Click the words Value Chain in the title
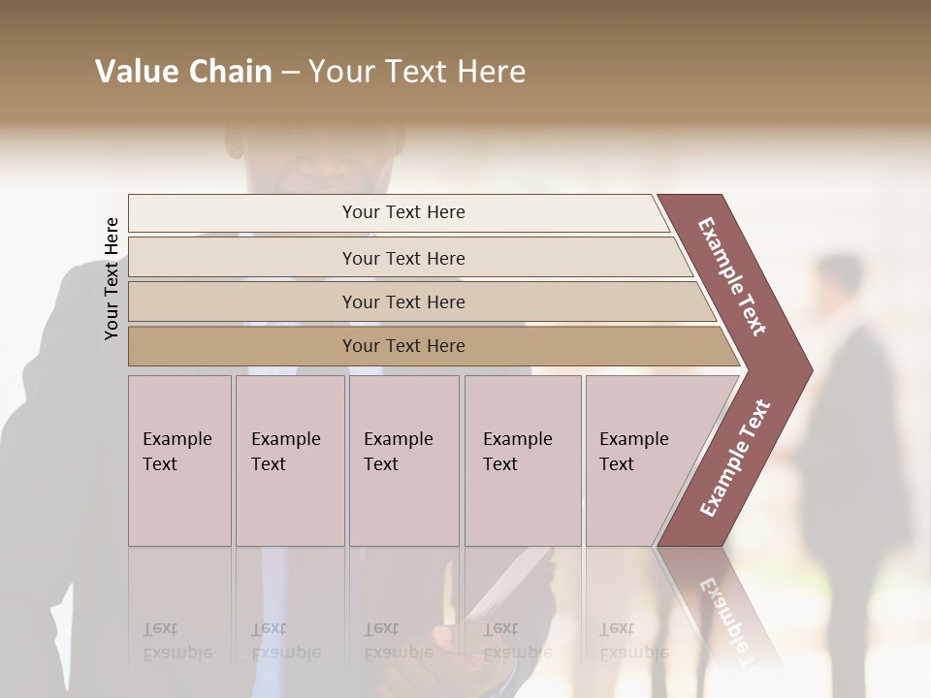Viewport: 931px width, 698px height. [183, 72]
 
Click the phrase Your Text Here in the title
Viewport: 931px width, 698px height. [417, 72]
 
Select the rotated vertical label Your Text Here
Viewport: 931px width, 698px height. [112, 278]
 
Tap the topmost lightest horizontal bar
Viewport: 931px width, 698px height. [402, 212]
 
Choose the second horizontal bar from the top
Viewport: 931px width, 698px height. [402, 258]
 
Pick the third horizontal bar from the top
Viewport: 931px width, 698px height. [402, 301]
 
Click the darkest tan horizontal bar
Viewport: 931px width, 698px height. [402, 346]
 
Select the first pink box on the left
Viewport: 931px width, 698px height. [179, 460]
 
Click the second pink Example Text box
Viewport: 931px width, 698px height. [289, 460]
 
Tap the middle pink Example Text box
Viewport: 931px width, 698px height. [403, 460]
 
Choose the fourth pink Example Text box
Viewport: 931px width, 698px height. [522, 460]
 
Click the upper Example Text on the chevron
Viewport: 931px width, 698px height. [732, 276]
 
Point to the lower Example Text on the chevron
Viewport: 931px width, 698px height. [735, 459]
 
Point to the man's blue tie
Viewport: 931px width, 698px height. [276, 601]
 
